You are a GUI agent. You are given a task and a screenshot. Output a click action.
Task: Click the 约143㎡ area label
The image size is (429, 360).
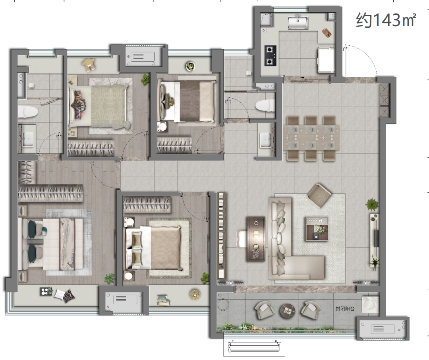(386, 20)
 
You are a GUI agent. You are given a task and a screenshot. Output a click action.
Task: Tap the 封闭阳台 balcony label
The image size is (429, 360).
(345, 309)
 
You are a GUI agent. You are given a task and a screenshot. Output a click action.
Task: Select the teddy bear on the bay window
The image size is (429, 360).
(88, 65)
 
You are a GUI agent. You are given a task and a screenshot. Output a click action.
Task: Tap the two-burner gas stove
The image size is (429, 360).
(271, 56)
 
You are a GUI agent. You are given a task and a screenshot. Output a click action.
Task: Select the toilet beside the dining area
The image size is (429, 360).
(265, 105)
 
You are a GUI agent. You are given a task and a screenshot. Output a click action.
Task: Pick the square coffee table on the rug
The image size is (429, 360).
(317, 229)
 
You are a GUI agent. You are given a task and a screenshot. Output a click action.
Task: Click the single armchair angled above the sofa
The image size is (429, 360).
(319, 195)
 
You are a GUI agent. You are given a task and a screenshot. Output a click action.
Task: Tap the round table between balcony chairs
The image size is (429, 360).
(287, 311)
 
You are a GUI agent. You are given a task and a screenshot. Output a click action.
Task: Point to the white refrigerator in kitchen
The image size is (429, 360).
(327, 60)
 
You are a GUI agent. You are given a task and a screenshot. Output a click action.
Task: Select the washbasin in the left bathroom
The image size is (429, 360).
(28, 139)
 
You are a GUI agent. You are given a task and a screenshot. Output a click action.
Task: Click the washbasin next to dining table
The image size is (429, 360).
(265, 140)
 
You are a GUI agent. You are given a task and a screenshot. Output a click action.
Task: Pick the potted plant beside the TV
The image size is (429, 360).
(372, 204)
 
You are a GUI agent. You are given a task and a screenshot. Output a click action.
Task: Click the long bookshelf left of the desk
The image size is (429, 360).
(221, 235)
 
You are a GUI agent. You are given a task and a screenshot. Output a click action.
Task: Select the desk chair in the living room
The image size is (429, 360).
(242, 239)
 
